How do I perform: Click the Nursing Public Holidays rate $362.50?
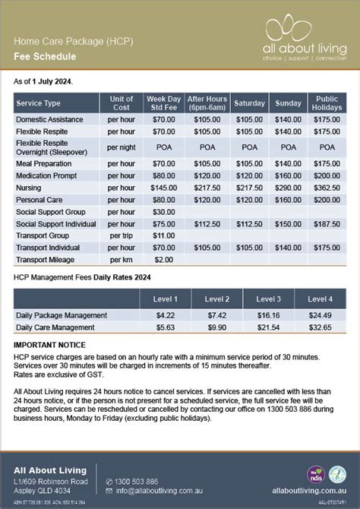pyautogui.click(x=327, y=187)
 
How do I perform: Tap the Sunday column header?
pyautogui.click(x=289, y=103)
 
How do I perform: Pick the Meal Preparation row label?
pyautogui.click(x=45, y=163)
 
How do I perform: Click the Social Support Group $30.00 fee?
pyautogui.click(x=163, y=211)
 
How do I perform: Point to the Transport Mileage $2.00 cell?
pyautogui.click(x=163, y=260)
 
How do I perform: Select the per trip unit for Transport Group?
pyautogui.click(x=122, y=236)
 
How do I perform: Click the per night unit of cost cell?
pyautogui.click(x=122, y=147)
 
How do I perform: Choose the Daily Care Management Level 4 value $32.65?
pyautogui.click(x=319, y=327)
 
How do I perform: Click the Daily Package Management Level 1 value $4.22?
pyautogui.click(x=166, y=315)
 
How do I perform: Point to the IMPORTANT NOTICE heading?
pyautogui.click(x=49, y=345)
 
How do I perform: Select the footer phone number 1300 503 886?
pyautogui.click(x=137, y=481)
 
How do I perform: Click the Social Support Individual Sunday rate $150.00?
pyautogui.click(x=289, y=223)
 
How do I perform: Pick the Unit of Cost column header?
pyautogui.click(x=122, y=103)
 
